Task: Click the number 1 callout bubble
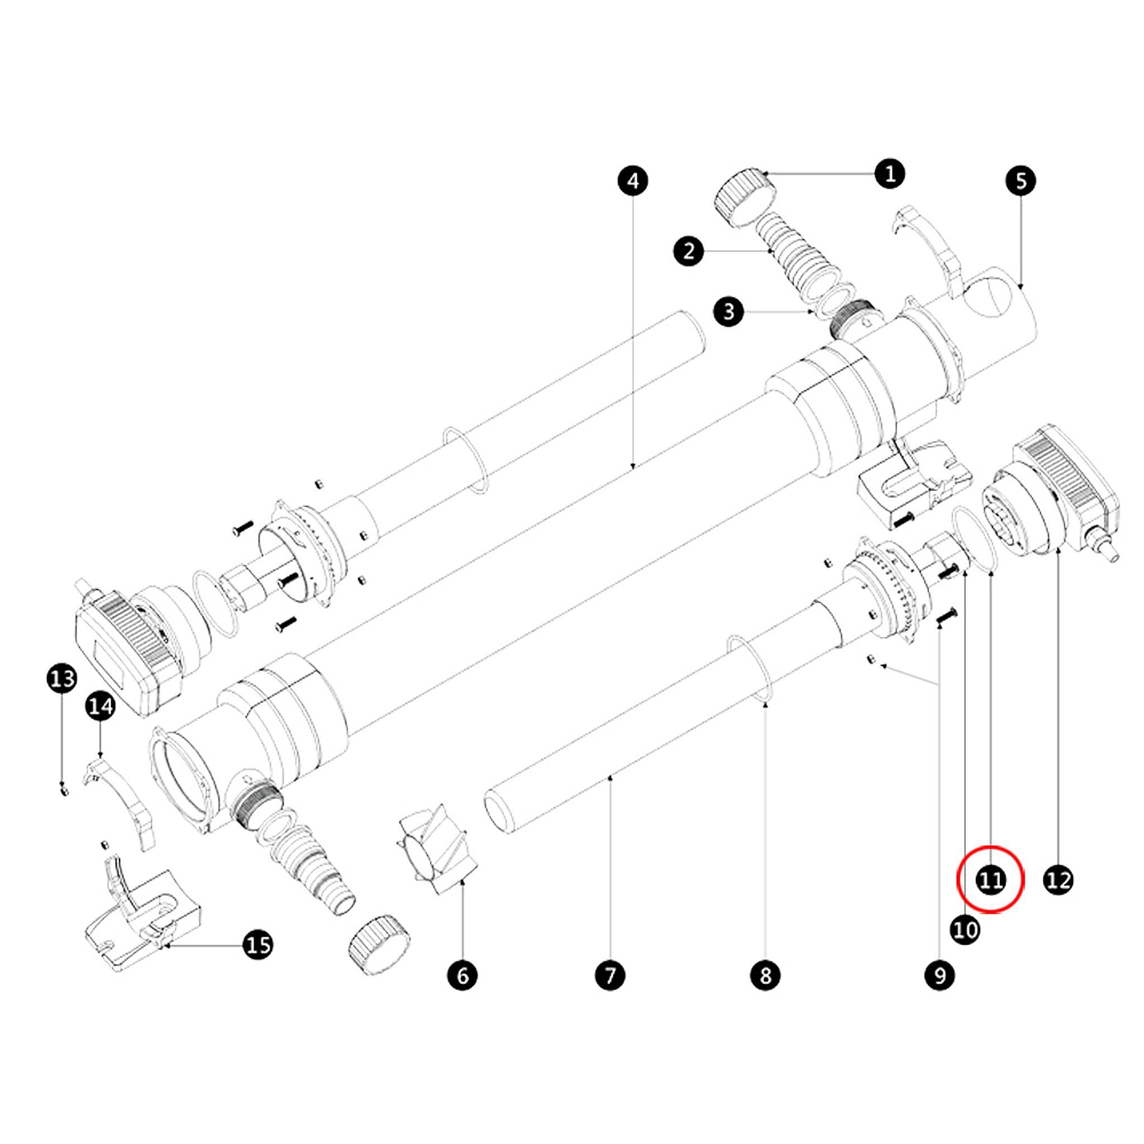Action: [x=890, y=174]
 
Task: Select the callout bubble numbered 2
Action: [x=689, y=252]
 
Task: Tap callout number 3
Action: [x=729, y=312]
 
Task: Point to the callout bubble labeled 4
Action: [x=633, y=180]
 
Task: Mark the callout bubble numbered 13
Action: [x=62, y=679]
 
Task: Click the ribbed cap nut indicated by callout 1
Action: [x=746, y=198]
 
